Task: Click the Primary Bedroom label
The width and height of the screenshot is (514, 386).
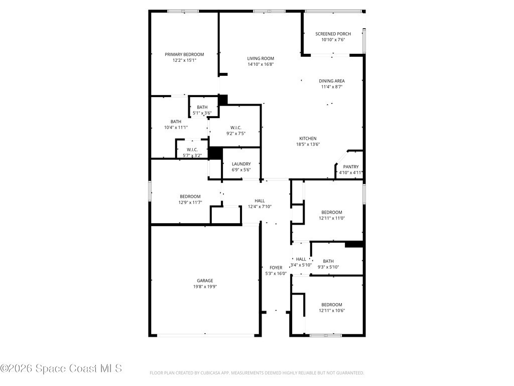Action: (184, 54)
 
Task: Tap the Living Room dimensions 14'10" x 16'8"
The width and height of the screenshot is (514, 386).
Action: (261, 64)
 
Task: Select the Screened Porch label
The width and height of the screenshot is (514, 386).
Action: (333, 34)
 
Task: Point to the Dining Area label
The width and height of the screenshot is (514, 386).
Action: (332, 81)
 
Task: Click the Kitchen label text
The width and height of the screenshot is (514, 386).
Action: (308, 139)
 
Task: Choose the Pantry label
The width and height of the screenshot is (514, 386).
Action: (351, 167)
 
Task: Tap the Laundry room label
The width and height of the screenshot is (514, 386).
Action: (241, 164)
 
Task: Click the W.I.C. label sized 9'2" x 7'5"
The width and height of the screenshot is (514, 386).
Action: (236, 128)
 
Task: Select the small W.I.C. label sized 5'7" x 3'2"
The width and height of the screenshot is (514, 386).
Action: (192, 150)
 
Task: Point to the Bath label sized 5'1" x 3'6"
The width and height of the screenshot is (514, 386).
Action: (202, 108)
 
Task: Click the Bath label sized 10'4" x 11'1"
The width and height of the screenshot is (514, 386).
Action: (176, 122)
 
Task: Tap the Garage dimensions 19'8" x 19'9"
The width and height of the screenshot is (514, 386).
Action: (205, 286)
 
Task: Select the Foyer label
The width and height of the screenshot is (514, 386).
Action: (276, 268)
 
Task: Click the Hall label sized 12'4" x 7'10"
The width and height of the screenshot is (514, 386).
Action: (260, 201)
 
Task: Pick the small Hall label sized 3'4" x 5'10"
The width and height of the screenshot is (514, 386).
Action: (301, 259)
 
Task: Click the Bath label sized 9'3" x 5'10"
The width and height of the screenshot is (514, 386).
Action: (328, 261)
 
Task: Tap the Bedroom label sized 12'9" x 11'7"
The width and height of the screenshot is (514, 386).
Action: (190, 197)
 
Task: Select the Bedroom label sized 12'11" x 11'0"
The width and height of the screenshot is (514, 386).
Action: (332, 213)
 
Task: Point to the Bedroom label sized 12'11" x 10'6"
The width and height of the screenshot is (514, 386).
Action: (332, 305)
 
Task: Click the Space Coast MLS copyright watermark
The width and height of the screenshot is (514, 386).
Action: (61, 368)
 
